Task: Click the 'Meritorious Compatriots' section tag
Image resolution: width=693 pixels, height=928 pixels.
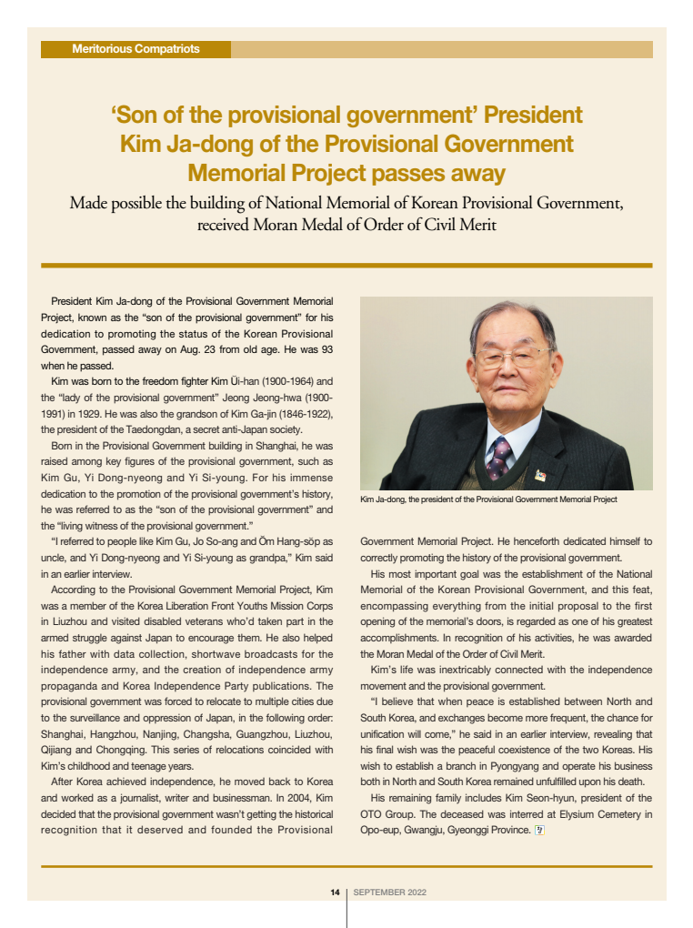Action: [x=136, y=49]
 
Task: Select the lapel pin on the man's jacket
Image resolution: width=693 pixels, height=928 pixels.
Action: [x=539, y=475]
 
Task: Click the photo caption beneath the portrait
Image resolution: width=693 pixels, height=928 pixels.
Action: [x=488, y=499]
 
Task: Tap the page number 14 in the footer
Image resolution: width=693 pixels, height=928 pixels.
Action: [x=335, y=893]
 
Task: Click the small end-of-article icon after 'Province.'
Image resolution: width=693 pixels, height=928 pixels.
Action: [x=538, y=830]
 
